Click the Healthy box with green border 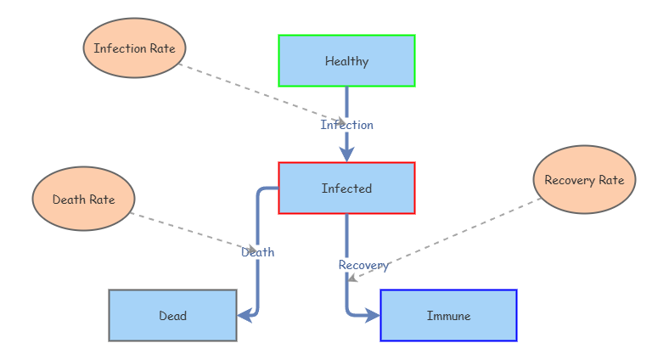346,61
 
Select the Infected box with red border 346,188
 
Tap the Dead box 172,316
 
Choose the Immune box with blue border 448,316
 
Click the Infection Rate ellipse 134,48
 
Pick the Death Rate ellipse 83,200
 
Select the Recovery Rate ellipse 584,180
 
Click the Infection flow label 346,125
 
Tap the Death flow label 258,252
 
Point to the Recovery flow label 363,265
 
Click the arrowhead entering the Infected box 346,154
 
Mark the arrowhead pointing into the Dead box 245,315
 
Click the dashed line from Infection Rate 255,92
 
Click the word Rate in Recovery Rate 610,180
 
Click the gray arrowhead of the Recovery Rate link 351,278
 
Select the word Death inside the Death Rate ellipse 69,200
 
